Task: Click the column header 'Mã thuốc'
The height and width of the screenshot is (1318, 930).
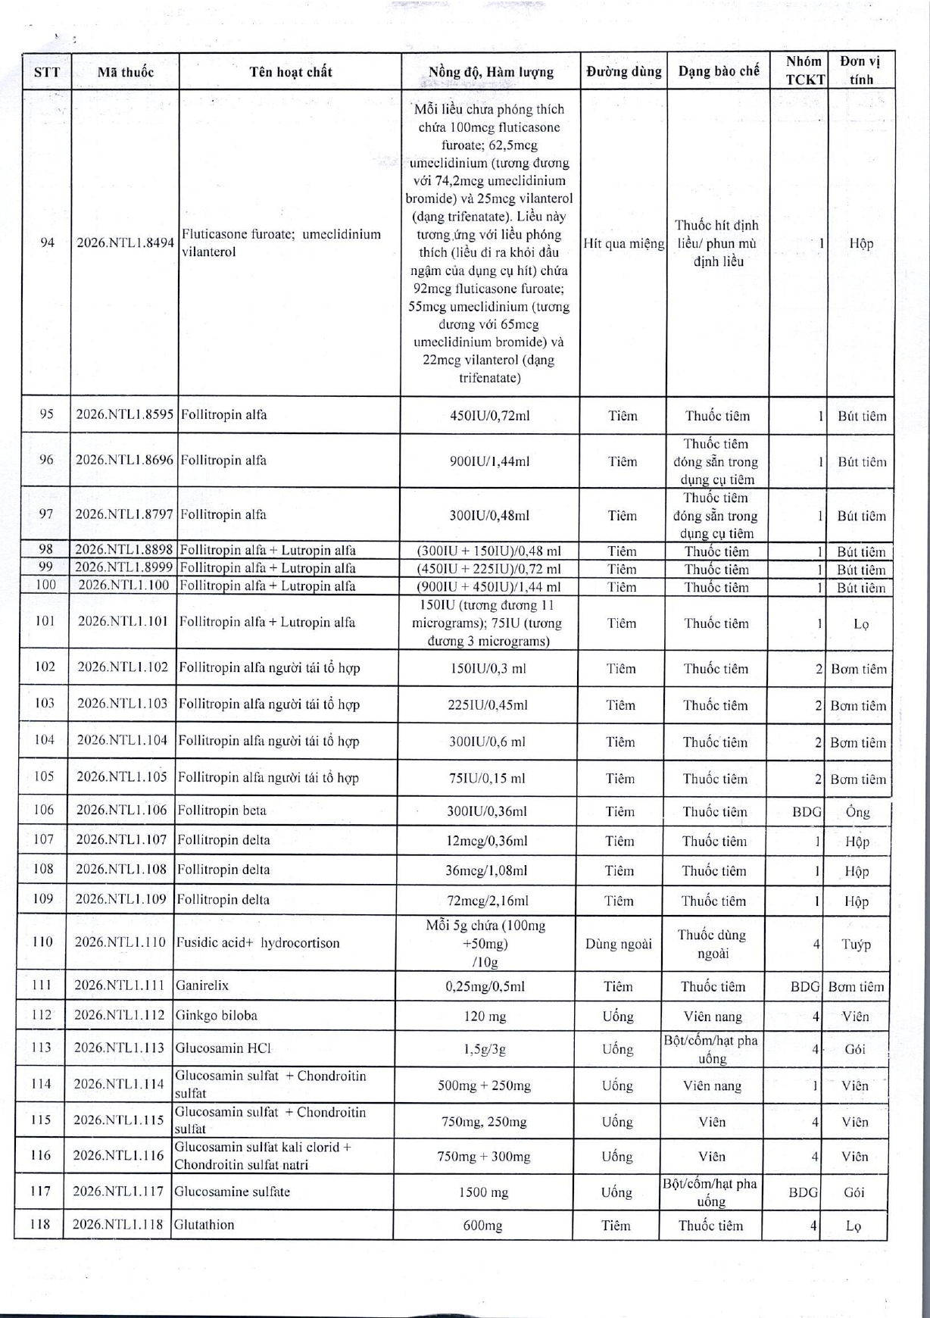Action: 125,72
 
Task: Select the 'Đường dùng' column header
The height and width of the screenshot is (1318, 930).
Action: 623,72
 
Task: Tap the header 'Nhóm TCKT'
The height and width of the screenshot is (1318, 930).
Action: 804,70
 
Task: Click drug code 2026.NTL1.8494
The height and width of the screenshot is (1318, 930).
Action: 126,243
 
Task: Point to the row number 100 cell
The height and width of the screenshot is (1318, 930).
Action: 46,586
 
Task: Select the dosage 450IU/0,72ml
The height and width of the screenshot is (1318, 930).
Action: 489,416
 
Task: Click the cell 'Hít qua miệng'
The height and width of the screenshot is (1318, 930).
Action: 624,243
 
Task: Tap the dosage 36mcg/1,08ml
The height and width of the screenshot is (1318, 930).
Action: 486,870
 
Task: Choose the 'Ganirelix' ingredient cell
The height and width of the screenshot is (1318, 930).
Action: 202,985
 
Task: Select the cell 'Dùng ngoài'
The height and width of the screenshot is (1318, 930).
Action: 619,944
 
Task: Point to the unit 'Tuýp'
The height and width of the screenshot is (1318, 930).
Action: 857,945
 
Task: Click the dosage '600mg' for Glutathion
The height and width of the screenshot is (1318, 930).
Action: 482,1225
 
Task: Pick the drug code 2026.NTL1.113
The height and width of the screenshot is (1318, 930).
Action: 119,1048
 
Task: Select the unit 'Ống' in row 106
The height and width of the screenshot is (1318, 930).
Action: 857,812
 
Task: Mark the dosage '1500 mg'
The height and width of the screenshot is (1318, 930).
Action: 483,1192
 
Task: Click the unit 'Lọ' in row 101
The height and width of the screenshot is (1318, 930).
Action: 860,623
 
